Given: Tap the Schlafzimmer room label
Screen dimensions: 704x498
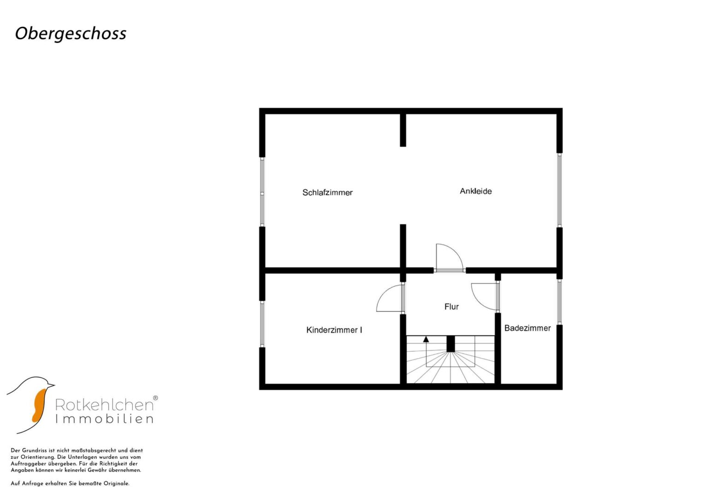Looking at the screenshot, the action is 327,192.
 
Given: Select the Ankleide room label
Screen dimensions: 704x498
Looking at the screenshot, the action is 476,191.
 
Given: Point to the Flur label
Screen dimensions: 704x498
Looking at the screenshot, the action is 452,307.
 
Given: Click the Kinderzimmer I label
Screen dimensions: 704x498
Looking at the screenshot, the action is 334,330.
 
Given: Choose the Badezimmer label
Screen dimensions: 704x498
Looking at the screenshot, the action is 527,328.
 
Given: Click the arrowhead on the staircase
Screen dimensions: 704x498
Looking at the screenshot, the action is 426,339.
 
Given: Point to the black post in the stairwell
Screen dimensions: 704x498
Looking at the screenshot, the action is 450,344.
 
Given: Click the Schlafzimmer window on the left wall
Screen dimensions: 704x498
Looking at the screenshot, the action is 262,192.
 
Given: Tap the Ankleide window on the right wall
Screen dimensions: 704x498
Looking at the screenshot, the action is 559,190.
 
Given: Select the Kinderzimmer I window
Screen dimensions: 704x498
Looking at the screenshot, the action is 262,324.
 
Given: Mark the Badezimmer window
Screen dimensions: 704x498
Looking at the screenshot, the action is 559,302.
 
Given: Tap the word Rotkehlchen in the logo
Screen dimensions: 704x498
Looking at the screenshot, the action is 104,405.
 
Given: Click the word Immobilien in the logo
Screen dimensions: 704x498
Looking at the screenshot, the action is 104,419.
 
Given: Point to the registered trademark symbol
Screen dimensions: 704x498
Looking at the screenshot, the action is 155,397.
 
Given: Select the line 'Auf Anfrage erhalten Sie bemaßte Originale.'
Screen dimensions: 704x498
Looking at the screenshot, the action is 70,484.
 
